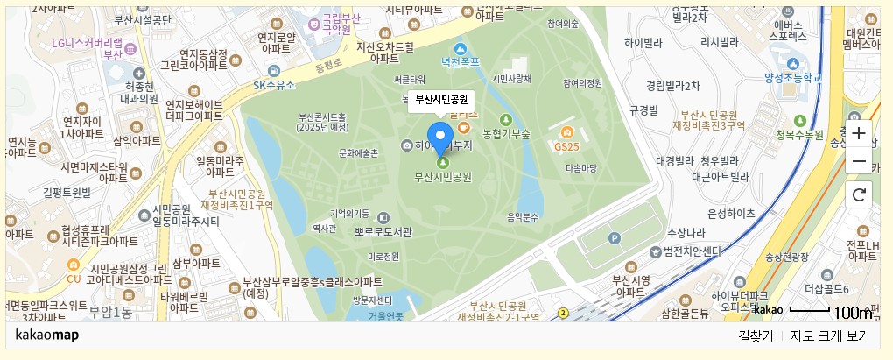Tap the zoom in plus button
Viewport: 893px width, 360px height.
pyautogui.click(x=859, y=134)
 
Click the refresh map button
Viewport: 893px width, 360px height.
pyautogui.click(x=859, y=194)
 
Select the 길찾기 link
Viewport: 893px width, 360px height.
pyautogui.click(x=756, y=336)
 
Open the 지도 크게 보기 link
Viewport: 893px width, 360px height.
pyautogui.click(x=829, y=336)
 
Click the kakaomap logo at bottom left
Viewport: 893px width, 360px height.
pyautogui.click(x=47, y=335)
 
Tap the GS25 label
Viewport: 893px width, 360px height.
pyautogui.click(x=567, y=145)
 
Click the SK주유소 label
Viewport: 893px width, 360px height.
pyautogui.click(x=276, y=85)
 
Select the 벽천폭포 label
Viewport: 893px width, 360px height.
pyautogui.click(x=461, y=62)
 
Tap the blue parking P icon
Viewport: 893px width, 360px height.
pyautogui.click(x=614, y=237)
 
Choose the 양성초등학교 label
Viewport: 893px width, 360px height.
pyautogui.click(x=794, y=78)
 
